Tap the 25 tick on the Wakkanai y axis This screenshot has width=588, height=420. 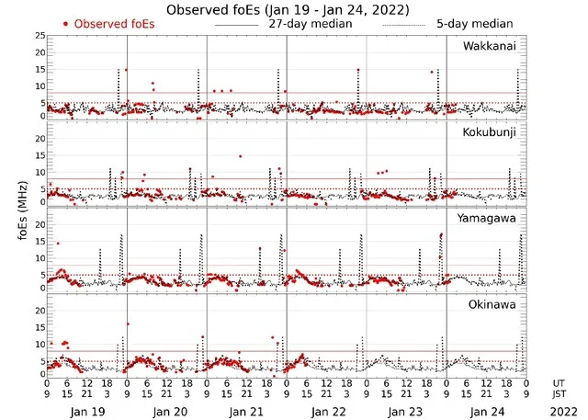click(x=38, y=35)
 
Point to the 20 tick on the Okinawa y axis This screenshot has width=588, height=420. click(x=38, y=311)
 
